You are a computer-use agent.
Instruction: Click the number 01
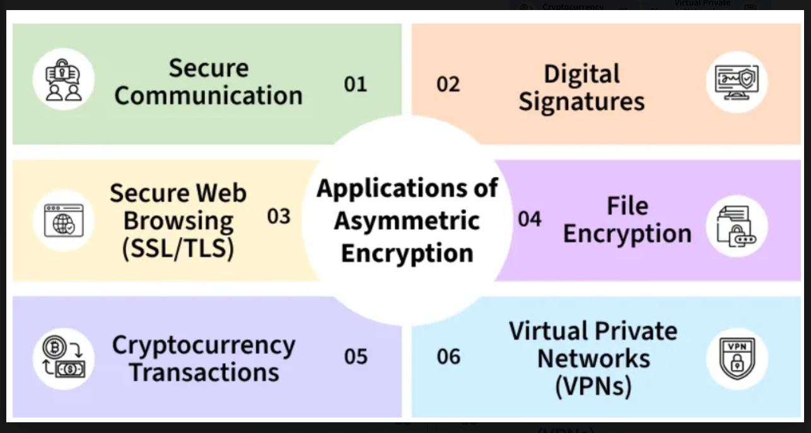[x=355, y=84]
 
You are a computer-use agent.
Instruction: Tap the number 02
[x=448, y=84]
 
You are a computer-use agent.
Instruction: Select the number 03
[x=278, y=217]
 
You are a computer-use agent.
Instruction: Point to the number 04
[x=530, y=219]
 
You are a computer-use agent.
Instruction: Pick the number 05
[x=355, y=357]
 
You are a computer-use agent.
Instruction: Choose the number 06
[x=448, y=357]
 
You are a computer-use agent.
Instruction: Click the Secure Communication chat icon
[x=63, y=80]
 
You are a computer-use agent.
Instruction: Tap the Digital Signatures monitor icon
[x=737, y=82]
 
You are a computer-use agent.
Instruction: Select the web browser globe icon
[x=63, y=221]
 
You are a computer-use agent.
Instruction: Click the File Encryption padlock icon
[x=736, y=226]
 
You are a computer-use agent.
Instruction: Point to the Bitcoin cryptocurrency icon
[x=63, y=358]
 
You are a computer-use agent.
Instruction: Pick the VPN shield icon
[x=737, y=358]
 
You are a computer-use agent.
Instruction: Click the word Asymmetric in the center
[x=407, y=221]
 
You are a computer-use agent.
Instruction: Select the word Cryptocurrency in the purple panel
[x=203, y=345]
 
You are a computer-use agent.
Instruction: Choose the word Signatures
[x=581, y=102]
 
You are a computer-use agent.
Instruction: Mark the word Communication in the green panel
[x=208, y=96]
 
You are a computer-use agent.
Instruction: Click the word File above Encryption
[x=627, y=205]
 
